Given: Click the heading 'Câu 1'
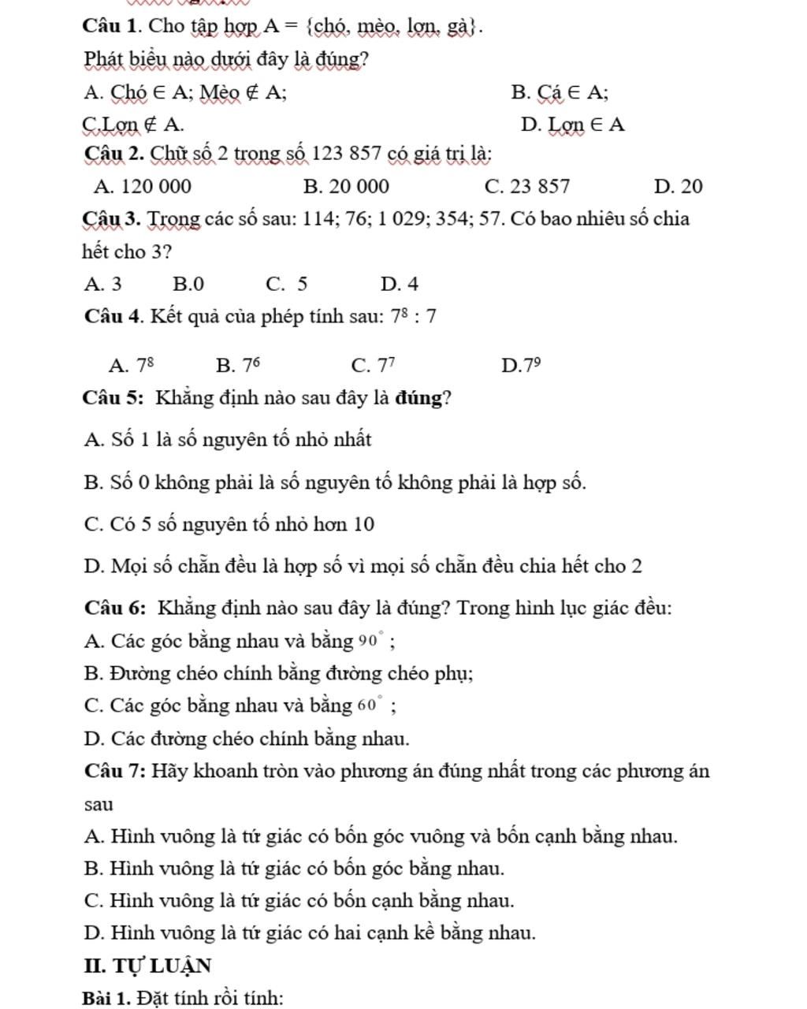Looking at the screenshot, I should [111, 27].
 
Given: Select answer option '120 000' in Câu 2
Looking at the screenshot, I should [142, 187].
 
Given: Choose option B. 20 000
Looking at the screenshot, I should [346, 187].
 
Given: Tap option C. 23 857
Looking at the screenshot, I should [527, 187].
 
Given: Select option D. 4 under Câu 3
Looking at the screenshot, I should [399, 284].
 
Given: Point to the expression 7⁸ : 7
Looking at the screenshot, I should [414, 317].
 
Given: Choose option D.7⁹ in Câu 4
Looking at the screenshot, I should [520, 366].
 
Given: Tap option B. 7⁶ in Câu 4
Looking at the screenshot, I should [237, 366].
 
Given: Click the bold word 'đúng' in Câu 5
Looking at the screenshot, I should [418, 397].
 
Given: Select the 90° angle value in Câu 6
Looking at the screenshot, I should [371, 641].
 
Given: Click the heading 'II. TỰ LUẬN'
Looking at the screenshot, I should [147, 966].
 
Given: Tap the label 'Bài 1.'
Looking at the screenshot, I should [107, 998].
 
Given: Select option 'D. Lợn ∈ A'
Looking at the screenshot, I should [573, 125].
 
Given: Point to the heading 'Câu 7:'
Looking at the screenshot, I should [113, 771].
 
